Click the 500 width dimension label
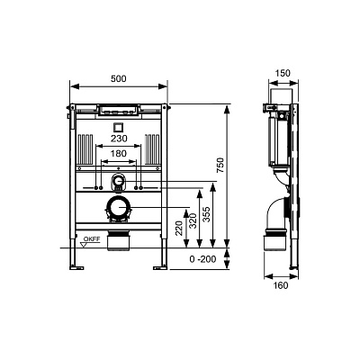tap(119, 78)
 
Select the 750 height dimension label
tap(220, 165)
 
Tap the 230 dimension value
tap(119, 139)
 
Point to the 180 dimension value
tap(119, 154)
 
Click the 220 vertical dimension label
tap(179, 229)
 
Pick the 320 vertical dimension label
tap(193, 220)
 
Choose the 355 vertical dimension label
tap(206, 214)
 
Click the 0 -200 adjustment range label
tap(202, 259)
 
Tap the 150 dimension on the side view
tap(283, 73)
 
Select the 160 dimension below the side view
tap(281, 285)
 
